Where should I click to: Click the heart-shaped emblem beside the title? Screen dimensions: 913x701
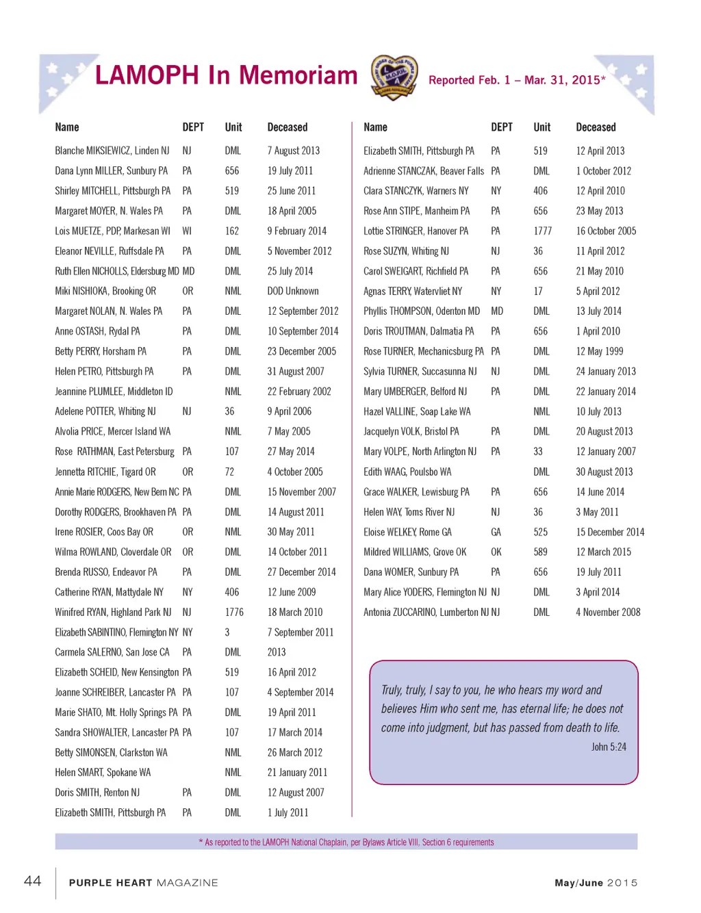[x=394, y=78]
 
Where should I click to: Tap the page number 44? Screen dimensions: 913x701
[x=33, y=881]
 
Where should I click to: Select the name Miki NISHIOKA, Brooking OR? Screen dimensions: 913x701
[x=105, y=291]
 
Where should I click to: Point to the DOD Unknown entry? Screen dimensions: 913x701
[x=293, y=291]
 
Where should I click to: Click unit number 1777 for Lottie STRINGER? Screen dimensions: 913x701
[x=542, y=231]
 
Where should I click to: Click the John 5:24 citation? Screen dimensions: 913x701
[x=609, y=747]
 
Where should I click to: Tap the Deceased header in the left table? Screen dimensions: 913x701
[x=287, y=127]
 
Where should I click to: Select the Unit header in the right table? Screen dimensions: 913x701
[x=541, y=127]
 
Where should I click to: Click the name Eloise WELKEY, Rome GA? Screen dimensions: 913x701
[x=407, y=532]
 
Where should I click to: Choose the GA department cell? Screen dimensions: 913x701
[x=496, y=532]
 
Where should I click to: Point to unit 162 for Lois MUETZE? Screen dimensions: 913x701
[x=232, y=231]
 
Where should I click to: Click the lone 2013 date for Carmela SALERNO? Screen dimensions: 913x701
[x=277, y=652]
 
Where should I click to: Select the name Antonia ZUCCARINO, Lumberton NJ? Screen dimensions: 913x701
[x=426, y=612]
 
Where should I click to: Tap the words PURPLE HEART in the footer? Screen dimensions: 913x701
[x=110, y=883]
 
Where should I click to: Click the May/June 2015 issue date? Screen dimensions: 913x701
[x=596, y=883]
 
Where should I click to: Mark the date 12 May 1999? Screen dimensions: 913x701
[x=600, y=351]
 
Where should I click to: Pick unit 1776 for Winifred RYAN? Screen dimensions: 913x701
[x=234, y=612]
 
